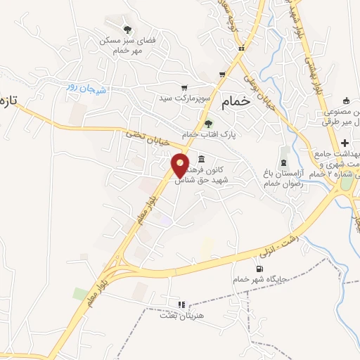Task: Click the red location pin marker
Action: [181, 165]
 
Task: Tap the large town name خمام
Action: [236, 101]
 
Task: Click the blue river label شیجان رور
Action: [85, 86]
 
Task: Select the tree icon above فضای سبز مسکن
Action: [127, 29]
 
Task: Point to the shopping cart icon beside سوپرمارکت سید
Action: [184, 89]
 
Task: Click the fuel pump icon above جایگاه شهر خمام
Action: [261, 269]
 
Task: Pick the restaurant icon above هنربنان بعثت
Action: [181, 305]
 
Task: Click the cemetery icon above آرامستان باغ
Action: [283, 153]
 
